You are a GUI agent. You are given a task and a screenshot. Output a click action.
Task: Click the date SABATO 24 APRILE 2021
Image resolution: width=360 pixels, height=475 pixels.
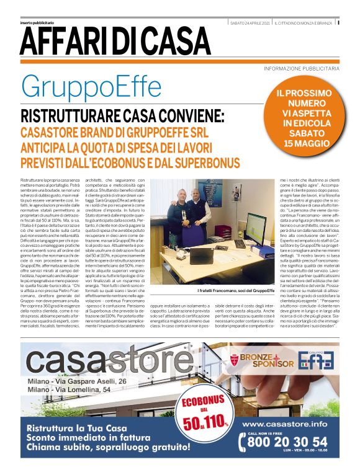[250, 23]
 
